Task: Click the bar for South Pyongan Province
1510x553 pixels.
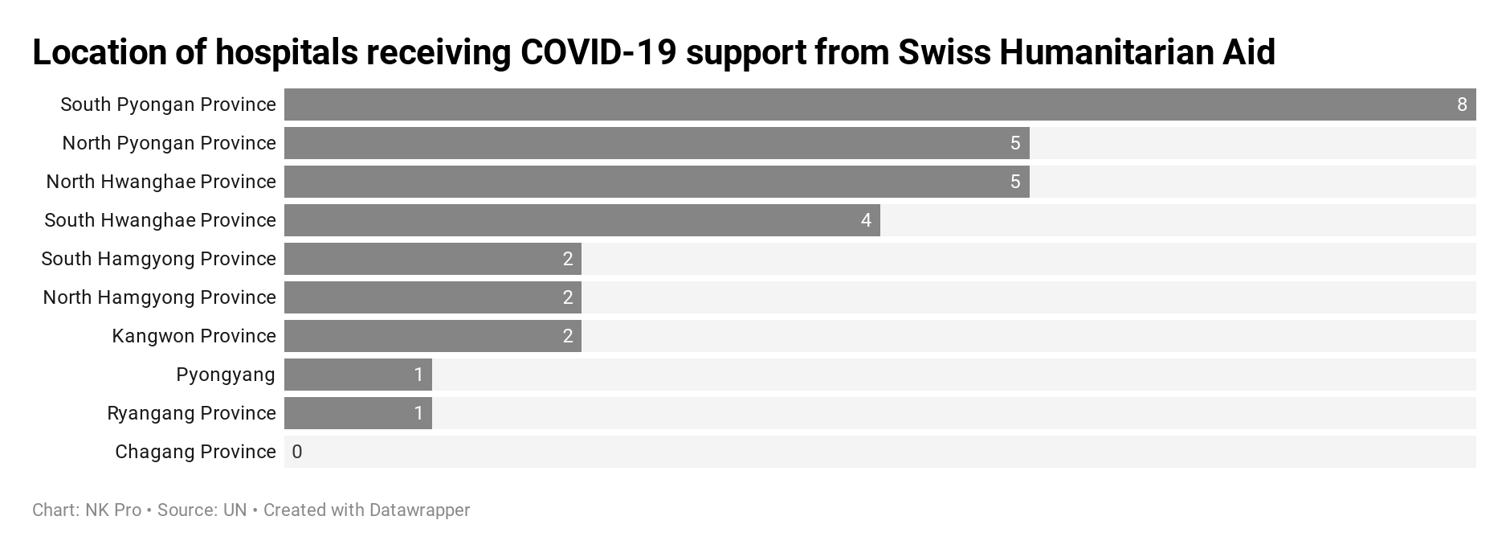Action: (x=880, y=104)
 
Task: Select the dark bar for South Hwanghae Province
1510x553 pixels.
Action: (x=582, y=220)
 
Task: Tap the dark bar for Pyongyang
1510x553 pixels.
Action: (x=358, y=375)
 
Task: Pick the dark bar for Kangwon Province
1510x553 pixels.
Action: (x=433, y=336)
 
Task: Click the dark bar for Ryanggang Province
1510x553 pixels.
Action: (x=358, y=413)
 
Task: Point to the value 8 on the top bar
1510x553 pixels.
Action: (x=1462, y=104)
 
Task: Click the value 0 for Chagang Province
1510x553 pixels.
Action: (x=297, y=452)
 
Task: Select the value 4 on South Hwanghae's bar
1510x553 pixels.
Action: (x=866, y=220)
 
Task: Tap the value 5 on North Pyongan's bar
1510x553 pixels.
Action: (x=1015, y=143)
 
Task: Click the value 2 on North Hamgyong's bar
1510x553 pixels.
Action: (x=568, y=297)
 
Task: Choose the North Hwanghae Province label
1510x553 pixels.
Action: (x=161, y=182)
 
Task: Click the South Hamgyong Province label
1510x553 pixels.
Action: (x=158, y=259)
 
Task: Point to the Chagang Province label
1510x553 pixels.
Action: (x=195, y=452)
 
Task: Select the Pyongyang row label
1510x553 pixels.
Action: (x=226, y=375)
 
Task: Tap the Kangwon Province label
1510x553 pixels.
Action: (x=194, y=336)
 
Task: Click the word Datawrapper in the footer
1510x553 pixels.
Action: (x=419, y=510)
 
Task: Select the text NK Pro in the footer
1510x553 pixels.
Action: (x=113, y=510)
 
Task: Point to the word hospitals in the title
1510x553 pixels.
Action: (x=286, y=53)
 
